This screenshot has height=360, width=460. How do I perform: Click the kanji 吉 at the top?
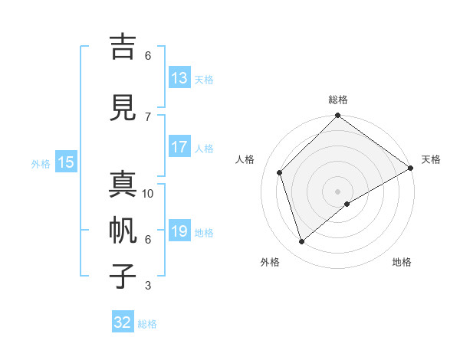[x=125, y=47]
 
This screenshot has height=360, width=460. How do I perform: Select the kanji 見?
[x=125, y=106]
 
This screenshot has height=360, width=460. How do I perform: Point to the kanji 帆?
[x=125, y=230]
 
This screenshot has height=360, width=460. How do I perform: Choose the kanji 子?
[x=125, y=276]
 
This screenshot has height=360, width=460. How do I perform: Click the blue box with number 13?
[x=179, y=78]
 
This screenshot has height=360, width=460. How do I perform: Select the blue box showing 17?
[x=179, y=147]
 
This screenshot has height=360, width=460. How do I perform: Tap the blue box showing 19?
[x=179, y=231]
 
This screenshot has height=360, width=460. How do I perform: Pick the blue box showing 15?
[x=66, y=162]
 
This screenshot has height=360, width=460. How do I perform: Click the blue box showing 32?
[x=123, y=322]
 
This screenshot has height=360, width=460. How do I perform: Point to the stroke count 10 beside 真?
[x=148, y=194]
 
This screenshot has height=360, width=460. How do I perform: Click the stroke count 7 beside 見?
[x=148, y=116]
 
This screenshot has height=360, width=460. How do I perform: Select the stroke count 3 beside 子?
[x=148, y=286]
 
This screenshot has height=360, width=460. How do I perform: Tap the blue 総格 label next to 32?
[x=147, y=324]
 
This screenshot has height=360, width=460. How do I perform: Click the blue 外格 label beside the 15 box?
[x=41, y=163]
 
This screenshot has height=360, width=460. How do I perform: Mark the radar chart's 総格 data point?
[x=337, y=116]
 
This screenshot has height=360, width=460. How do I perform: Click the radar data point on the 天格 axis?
[x=411, y=168]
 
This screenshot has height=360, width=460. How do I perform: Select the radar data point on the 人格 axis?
[x=280, y=172]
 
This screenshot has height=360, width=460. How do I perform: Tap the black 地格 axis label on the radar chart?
[x=402, y=263]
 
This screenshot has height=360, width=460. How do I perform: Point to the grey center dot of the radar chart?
[x=337, y=191]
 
